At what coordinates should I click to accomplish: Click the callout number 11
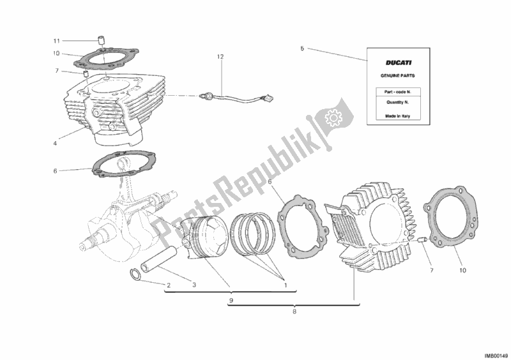(x=57, y=41)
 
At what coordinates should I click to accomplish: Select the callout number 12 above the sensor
(x=220, y=57)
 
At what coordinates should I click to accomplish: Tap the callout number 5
(x=302, y=49)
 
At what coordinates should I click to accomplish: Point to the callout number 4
(x=55, y=143)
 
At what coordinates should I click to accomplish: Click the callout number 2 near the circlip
(x=169, y=285)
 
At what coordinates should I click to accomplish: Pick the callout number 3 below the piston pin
(x=194, y=285)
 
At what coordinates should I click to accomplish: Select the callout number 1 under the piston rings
(x=286, y=285)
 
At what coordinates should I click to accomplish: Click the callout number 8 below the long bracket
(x=294, y=311)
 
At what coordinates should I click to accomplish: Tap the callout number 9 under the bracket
(x=231, y=301)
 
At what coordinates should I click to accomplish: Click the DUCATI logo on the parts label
(x=399, y=63)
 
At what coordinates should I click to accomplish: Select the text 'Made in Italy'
(x=397, y=116)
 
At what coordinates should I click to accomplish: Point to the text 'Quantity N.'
(x=397, y=102)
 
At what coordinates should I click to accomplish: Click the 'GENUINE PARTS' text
(x=398, y=75)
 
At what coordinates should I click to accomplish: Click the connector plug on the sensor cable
(x=269, y=97)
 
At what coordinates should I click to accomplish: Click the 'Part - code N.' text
(x=398, y=92)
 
